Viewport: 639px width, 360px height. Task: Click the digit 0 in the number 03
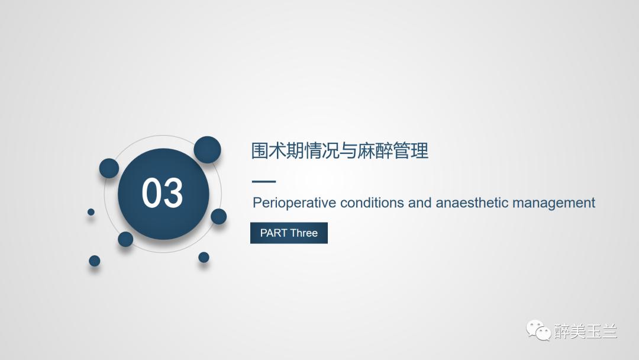tap(152, 194)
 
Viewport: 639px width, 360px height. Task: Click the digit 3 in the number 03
tap(173, 194)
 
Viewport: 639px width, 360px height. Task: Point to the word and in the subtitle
tap(419, 203)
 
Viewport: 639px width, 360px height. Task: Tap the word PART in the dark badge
tap(273, 233)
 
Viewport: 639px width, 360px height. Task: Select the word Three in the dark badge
tap(304, 233)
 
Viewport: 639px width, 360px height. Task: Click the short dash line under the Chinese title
tap(264, 182)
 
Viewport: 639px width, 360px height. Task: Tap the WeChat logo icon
tap(538, 330)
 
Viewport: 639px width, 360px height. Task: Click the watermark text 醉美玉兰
tap(586, 331)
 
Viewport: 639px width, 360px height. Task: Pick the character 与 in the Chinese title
tap(348, 151)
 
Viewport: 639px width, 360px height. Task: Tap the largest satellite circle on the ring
tap(207, 150)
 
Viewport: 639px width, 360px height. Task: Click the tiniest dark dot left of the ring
tap(91, 211)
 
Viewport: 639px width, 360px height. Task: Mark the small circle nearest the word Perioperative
tap(219, 216)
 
